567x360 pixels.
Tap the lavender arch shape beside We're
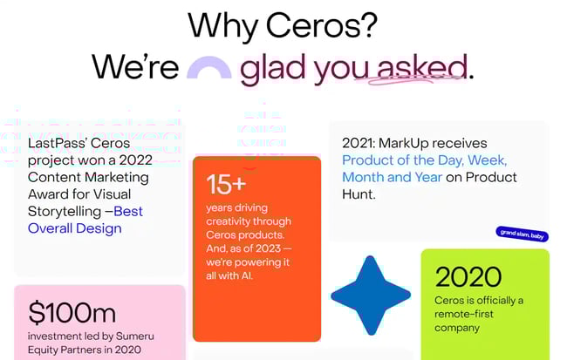(208, 70)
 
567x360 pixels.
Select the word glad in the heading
(271, 68)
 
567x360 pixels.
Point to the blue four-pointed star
(371, 295)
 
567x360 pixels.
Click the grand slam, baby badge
(522, 233)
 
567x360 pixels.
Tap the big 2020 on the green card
(468, 277)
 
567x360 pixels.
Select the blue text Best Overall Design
(85, 220)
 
